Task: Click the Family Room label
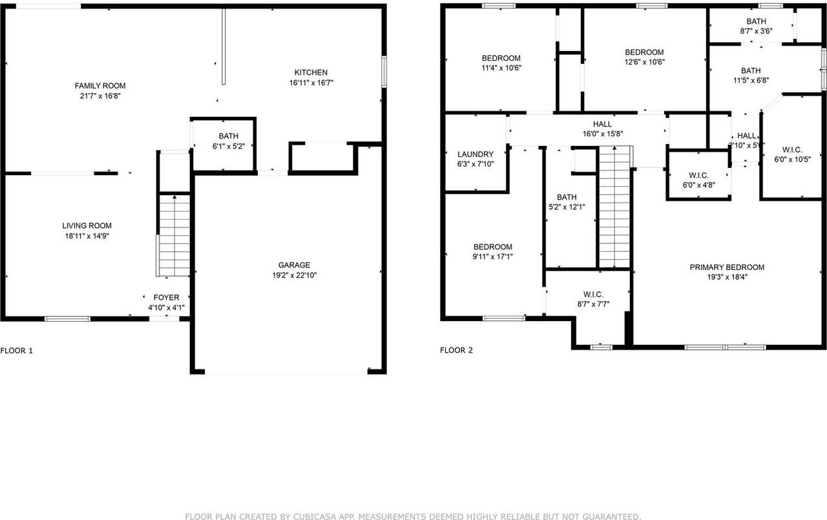tap(100, 86)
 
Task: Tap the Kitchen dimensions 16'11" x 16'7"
tap(311, 83)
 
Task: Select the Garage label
tap(294, 265)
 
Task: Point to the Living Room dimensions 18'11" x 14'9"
tap(87, 236)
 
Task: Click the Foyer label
tap(166, 298)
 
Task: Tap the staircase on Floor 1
tap(174, 236)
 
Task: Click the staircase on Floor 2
tap(614, 207)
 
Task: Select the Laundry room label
tap(476, 154)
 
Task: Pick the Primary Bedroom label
tap(727, 267)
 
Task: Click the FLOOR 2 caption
tap(456, 351)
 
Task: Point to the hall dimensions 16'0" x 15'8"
tap(602, 134)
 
